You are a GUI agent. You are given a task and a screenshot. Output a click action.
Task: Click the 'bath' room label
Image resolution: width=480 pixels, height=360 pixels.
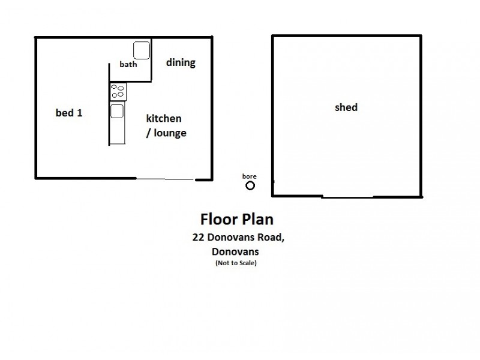coord(128,65)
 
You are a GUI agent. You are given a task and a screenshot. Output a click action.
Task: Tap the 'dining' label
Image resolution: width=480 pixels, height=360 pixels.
coord(181,62)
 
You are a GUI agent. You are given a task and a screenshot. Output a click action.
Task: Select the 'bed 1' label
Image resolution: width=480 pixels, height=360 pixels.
coord(68,113)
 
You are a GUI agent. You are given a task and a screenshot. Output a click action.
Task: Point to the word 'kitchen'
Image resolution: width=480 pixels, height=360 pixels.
coord(164,119)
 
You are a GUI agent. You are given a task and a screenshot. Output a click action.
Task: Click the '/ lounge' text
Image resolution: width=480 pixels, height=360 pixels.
coord(166,133)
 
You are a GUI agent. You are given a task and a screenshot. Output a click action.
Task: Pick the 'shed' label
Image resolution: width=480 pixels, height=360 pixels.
coord(346,107)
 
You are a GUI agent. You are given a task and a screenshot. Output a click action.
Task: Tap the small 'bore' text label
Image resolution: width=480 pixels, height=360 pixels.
coord(250,176)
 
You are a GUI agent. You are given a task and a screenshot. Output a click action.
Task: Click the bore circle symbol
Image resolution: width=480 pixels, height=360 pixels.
coord(250,186)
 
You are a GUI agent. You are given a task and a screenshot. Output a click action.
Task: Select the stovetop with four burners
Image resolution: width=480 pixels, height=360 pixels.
coord(118,92)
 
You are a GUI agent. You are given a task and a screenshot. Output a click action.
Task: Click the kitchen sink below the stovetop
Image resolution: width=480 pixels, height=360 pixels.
coord(117,111)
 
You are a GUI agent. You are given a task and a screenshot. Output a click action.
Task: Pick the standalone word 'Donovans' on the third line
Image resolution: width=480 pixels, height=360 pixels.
coord(235,252)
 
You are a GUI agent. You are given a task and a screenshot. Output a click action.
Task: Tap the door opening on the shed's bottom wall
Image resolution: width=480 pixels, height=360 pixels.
coord(348,197)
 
